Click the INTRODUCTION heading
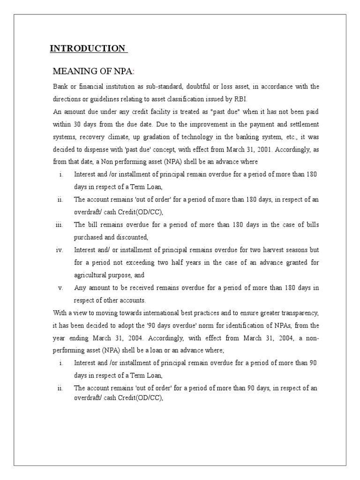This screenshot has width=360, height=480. [88, 49]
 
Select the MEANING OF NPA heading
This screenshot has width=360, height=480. [93, 71]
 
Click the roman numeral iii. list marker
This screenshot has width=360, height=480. [59, 225]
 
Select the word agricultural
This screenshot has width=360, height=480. [92, 275]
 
